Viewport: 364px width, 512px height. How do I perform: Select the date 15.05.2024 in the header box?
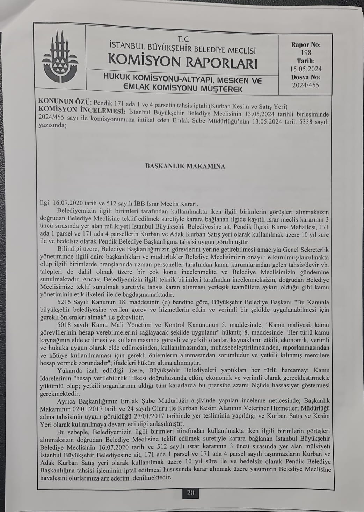click(x=306, y=69)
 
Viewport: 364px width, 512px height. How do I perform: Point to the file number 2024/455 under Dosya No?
click(x=306, y=85)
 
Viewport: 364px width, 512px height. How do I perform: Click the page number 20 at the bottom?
click(x=190, y=493)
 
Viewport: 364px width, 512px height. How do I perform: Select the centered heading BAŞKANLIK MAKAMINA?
click(x=185, y=166)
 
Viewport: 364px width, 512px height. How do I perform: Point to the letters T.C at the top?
click(x=183, y=40)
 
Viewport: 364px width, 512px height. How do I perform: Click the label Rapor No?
click(x=306, y=45)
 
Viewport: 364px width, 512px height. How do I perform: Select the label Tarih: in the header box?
click(x=306, y=61)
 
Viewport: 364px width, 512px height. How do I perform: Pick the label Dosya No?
click(x=306, y=77)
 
